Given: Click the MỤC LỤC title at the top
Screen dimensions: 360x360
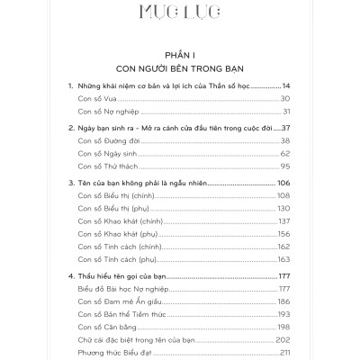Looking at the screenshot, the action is pyautogui.click(x=180, y=13).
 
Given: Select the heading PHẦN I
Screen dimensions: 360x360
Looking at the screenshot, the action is pyautogui.click(x=180, y=53).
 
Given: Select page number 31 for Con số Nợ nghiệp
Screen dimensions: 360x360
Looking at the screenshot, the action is pyautogui.click(x=287, y=112).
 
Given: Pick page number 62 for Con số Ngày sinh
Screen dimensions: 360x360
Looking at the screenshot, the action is pyautogui.click(x=286, y=154).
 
